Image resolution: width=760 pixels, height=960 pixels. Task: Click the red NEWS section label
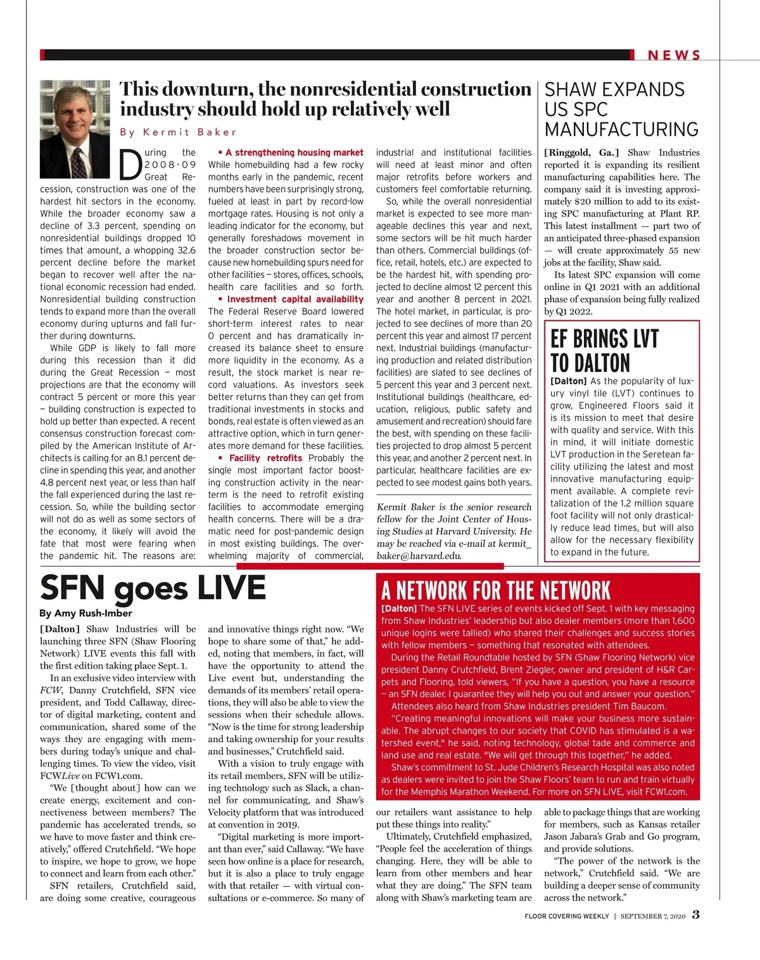coord(674,55)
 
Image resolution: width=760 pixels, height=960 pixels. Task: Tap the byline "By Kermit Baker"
coord(178,132)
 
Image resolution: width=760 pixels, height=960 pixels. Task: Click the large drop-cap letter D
coord(130,164)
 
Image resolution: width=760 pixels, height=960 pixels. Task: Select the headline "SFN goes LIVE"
coord(153,588)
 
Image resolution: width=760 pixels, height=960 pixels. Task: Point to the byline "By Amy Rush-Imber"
coord(85,613)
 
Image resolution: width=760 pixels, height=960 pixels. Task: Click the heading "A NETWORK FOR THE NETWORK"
coord(496,591)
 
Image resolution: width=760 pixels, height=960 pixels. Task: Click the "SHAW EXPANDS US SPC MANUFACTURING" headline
coord(621,110)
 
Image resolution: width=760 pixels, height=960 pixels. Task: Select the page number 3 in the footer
coord(695,914)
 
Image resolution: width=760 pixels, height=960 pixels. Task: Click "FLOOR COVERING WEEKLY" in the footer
coord(566,916)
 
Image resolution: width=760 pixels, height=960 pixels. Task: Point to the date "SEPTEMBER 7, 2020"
coord(652,916)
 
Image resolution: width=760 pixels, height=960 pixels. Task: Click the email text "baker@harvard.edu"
coord(418,556)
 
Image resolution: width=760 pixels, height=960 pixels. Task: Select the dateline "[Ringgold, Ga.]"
coord(581,153)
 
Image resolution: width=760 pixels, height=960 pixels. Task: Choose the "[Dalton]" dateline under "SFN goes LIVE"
coord(60,629)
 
